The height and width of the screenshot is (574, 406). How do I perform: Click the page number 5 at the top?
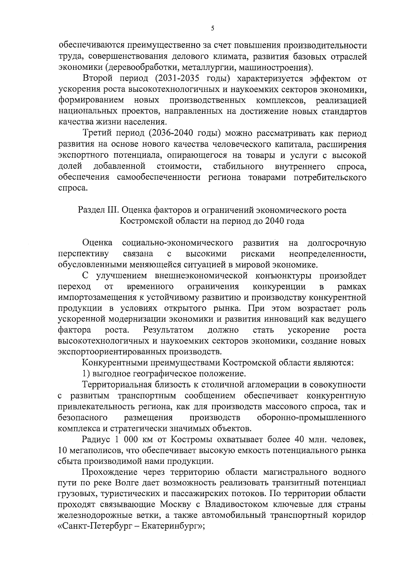tap(212, 29)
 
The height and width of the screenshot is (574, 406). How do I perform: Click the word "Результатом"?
tap(168, 330)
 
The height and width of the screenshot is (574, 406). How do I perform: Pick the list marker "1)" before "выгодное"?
tap(87, 374)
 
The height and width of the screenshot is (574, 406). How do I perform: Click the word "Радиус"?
tap(96, 439)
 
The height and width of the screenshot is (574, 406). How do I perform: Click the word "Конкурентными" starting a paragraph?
tap(115, 363)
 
